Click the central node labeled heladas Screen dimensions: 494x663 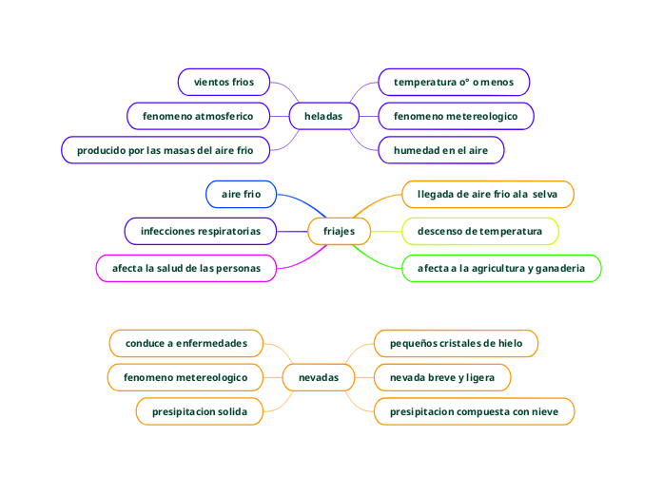(323, 117)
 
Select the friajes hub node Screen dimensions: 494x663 (339, 232)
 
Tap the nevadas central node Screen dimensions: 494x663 (318, 378)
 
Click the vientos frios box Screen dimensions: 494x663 (224, 83)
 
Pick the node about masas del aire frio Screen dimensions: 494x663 (166, 150)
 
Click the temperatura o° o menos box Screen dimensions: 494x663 (454, 83)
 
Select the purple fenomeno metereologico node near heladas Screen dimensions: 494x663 (456, 117)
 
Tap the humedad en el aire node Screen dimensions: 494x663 (440, 150)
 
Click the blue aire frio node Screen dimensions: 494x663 (241, 195)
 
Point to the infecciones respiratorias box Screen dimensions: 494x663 (201, 231)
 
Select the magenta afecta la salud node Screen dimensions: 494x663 (186, 269)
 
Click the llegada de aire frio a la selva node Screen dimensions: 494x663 (487, 195)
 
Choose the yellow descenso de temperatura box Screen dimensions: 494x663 (479, 232)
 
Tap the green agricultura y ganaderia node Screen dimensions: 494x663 (501, 269)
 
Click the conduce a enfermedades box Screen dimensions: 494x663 (186, 343)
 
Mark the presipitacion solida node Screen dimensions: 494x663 (200, 412)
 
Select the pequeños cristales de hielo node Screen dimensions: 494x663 (456, 343)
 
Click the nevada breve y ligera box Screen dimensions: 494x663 (442, 378)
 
